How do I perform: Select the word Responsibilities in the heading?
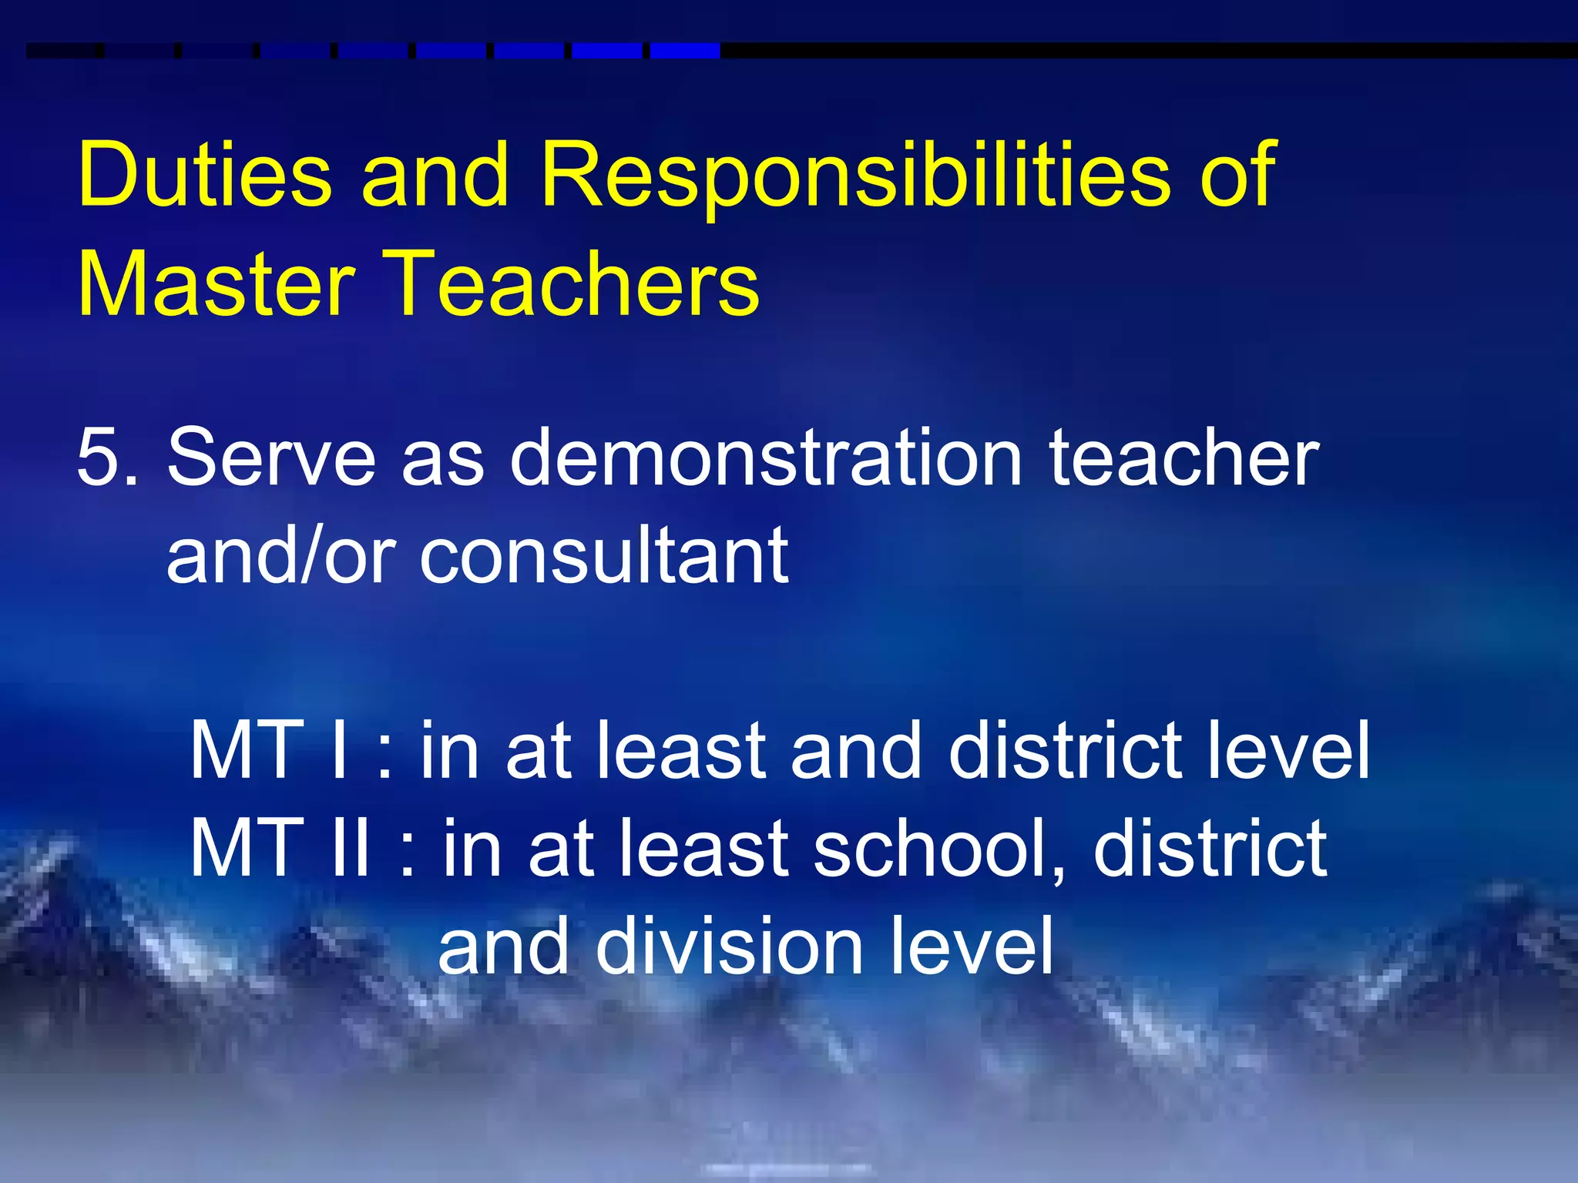click(x=854, y=177)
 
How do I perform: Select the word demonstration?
click(x=766, y=457)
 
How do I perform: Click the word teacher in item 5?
click(x=1183, y=457)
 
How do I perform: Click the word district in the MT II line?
click(x=1210, y=848)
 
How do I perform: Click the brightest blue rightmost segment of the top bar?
click(x=684, y=51)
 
